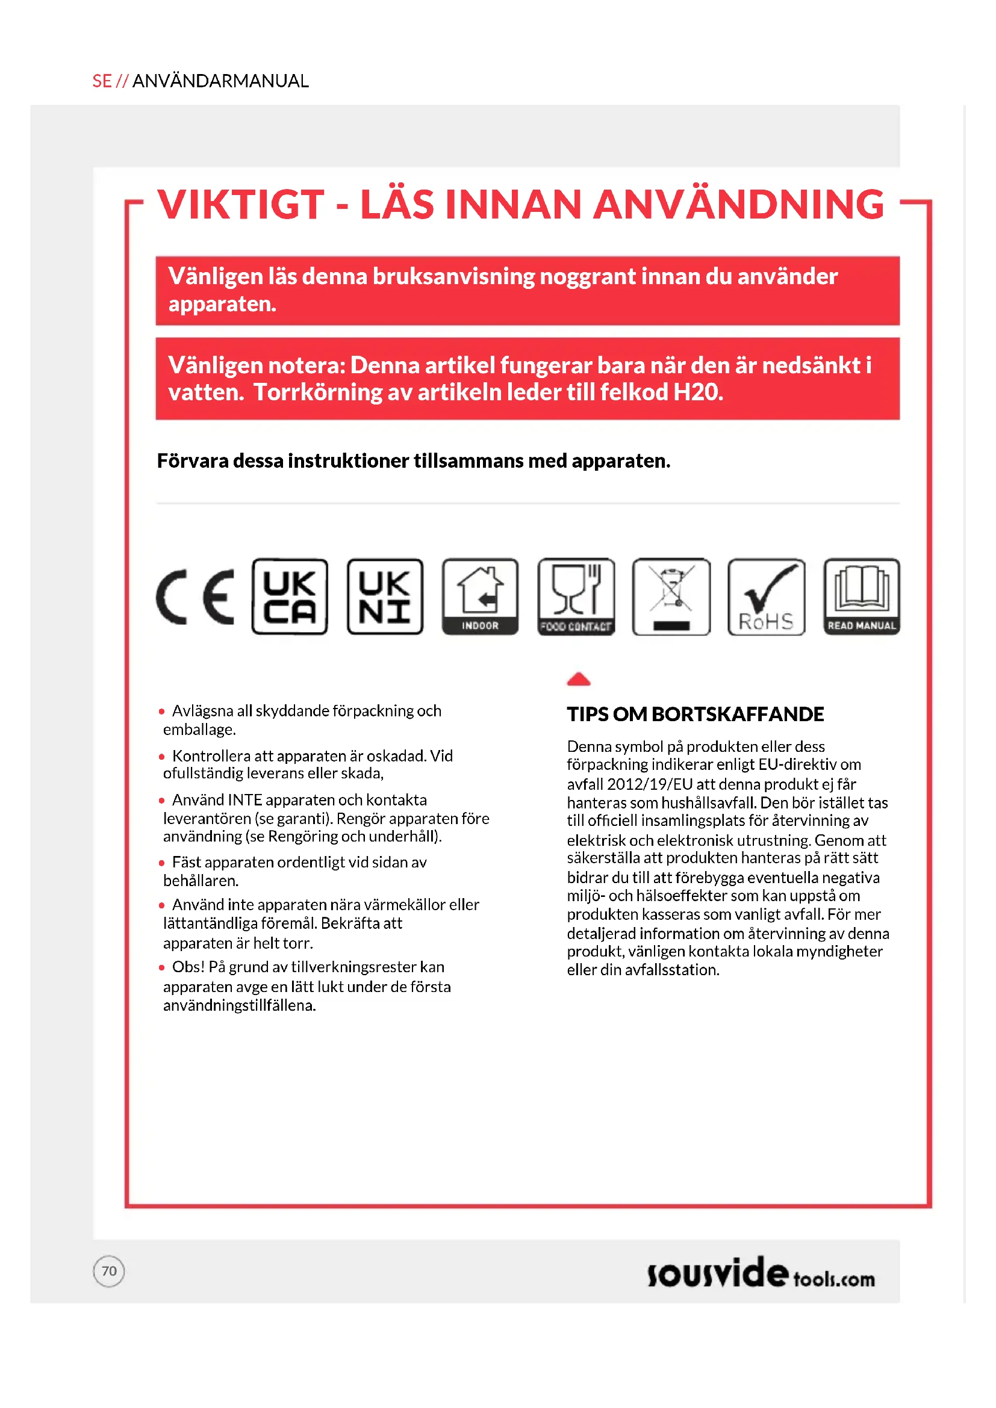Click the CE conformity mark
[195, 597]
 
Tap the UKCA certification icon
[290, 597]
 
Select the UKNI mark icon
[385, 597]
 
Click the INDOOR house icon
[480, 597]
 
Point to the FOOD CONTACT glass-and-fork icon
[576, 597]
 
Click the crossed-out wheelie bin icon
[671, 597]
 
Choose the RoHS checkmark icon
[767, 597]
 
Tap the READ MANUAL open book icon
[862, 597]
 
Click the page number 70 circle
[109, 1271]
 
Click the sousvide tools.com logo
[761, 1273]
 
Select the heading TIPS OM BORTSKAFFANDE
[695, 715]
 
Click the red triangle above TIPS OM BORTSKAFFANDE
[578, 679]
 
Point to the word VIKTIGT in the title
[240, 204]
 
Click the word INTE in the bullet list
[244, 800]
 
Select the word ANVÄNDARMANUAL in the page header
[220, 81]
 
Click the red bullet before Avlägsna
[162, 712]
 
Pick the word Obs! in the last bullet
[188, 967]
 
